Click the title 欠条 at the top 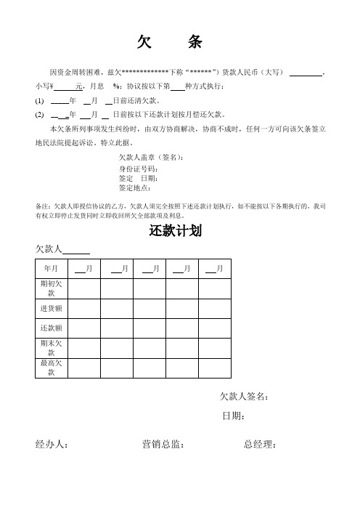coord(169,44)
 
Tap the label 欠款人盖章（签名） coord(152,158)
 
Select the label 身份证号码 coord(138,169)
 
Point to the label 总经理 coord(259,445)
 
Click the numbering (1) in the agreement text coord(39,101)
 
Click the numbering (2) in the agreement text coord(39,115)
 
